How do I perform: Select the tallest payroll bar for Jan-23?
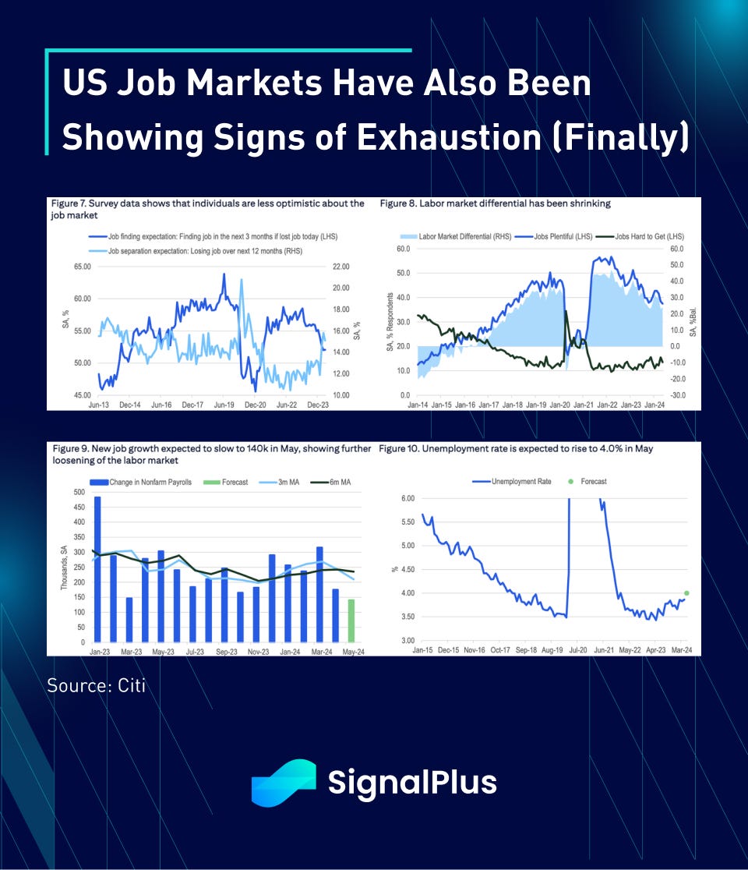click(97, 569)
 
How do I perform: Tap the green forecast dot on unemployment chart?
click(686, 593)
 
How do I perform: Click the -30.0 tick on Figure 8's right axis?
click(676, 395)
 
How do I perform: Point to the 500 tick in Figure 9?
click(78, 492)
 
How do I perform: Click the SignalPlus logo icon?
click(283, 783)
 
